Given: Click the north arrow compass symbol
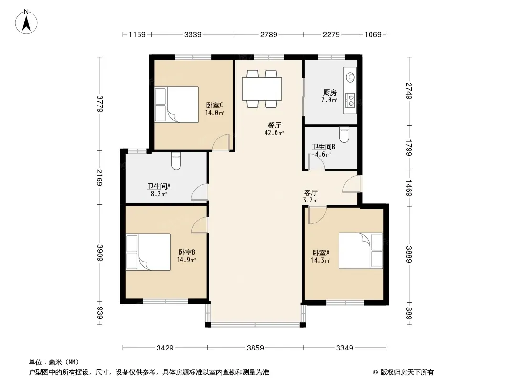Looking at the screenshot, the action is click(26, 22).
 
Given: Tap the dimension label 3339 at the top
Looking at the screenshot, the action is click(193, 34).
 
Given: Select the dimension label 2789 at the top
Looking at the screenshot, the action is click(268, 34).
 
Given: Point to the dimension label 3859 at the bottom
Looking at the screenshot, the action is click(255, 348).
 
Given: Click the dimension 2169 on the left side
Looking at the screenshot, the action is click(100, 178).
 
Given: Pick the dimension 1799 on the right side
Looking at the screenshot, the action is click(409, 148).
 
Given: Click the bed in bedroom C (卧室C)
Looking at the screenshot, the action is click(176, 105).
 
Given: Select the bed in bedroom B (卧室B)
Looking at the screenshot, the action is click(148, 252).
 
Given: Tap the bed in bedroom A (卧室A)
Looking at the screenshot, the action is click(361, 251).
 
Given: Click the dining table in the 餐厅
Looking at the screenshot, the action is click(262, 89).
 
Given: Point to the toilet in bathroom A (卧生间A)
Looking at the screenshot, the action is click(176, 161).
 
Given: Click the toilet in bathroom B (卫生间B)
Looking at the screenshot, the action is click(344, 134).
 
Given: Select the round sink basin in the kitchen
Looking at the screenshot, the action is click(350, 77).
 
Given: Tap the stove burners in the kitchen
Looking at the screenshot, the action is click(350, 100).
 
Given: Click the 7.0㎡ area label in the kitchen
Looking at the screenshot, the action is click(329, 100).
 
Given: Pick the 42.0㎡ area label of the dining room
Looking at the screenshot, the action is click(274, 133).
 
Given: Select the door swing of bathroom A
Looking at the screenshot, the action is click(200, 192).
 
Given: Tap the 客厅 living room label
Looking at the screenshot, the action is click(310, 193).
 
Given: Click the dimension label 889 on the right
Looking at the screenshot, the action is click(409, 314).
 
